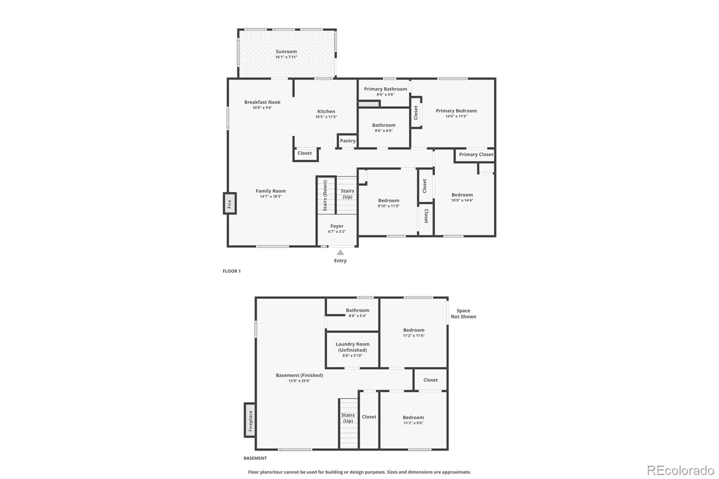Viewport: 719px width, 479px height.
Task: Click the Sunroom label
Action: (x=286, y=52)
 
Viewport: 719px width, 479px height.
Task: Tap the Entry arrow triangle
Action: (x=340, y=253)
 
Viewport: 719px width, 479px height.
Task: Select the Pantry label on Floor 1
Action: (x=348, y=141)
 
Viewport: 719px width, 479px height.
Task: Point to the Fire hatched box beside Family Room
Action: (x=230, y=204)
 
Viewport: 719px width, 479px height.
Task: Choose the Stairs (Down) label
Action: (x=325, y=195)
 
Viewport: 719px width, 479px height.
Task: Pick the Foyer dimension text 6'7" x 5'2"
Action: (x=337, y=232)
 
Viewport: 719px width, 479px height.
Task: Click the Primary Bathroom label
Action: (x=386, y=89)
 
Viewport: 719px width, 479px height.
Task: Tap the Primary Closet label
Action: (x=476, y=155)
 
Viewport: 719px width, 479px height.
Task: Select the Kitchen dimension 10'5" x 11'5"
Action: (x=326, y=117)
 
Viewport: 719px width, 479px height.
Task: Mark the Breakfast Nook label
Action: (x=262, y=102)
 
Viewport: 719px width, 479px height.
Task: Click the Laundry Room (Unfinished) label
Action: (x=352, y=347)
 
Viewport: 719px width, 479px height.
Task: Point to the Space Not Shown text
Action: (x=463, y=314)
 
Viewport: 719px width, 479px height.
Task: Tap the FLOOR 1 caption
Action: (x=231, y=271)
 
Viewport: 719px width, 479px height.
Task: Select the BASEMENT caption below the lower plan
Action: (x=255, y=458)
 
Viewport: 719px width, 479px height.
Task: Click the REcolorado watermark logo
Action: (x=680, y=470)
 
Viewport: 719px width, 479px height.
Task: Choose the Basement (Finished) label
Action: (x=299, y=375)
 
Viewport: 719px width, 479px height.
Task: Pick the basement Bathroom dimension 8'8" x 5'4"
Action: (x=358, y=316)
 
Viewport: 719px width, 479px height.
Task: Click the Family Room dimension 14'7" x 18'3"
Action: (x=271, y=196)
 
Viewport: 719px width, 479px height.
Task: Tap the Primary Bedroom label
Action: (x=456, y=111)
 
